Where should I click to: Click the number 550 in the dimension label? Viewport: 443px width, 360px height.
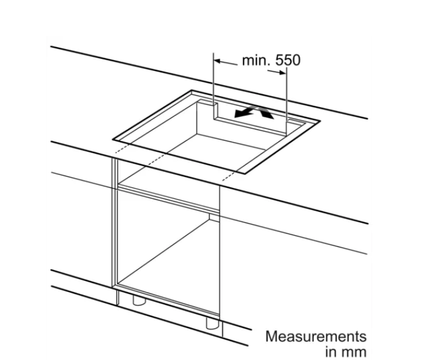(x=288, y=60)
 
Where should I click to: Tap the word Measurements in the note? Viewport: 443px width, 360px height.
(x=316, y=337)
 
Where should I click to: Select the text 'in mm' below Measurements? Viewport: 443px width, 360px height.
(x=346, y=352)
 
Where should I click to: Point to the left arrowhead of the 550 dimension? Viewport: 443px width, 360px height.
(x=217, y=61)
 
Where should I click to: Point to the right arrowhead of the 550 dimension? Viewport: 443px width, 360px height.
(x=283, y=73)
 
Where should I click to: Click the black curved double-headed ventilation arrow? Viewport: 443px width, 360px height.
(x=254, y=112)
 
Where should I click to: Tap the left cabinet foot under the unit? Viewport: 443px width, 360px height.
(x=139, y=301)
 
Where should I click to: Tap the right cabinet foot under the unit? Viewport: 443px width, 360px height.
(x=212, y=323)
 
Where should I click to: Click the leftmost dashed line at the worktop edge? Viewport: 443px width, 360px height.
(x=123, y=148)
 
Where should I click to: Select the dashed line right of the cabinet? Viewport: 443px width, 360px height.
(x=229, y=176)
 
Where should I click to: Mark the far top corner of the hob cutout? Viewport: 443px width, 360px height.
(x=192, y=91)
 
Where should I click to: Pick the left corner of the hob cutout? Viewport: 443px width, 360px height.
(x=113, y=139)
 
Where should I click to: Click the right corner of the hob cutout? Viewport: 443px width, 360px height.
(x=320, y=121)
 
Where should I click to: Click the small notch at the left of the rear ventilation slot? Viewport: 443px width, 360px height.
(x=215, y=111)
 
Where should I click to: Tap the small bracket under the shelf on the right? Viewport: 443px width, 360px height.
(x=214, y=217)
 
